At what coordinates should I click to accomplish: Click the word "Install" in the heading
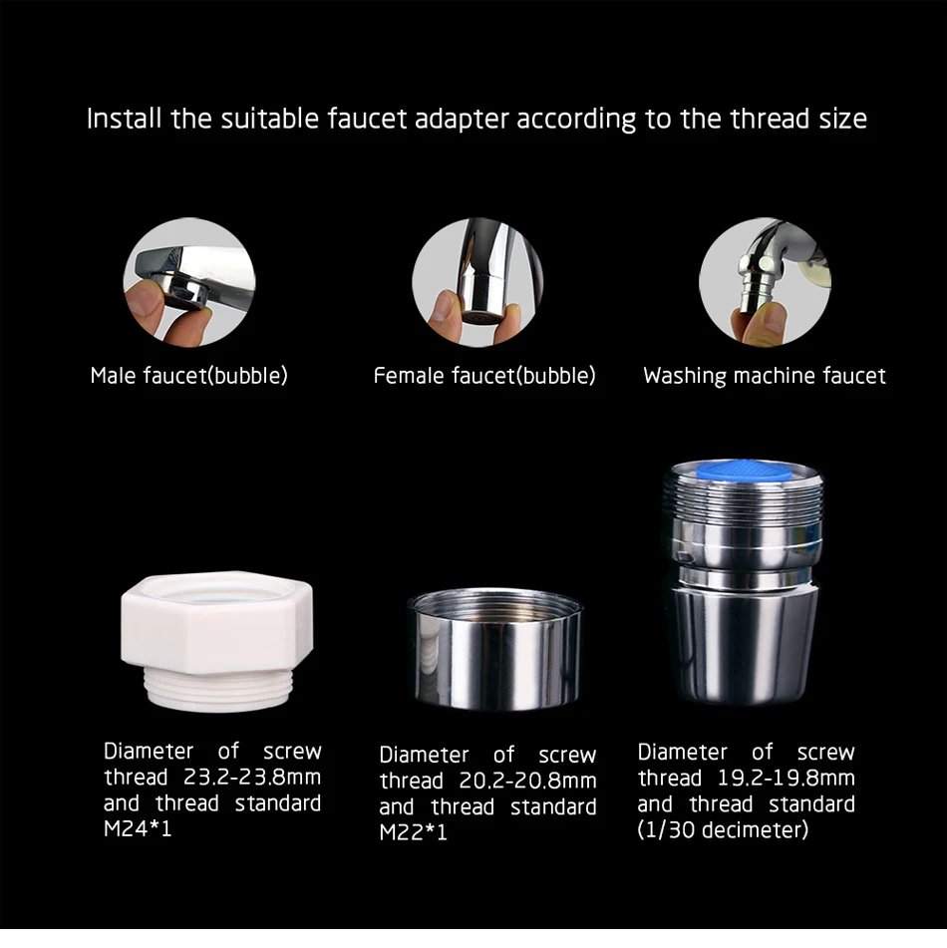tap(124, 118)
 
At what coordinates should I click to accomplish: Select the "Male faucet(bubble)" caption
tap(188, 376)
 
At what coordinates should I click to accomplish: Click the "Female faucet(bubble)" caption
tap(484, 376)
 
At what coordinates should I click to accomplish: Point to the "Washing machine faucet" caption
tap(765, 376)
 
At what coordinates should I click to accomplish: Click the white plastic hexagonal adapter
tap(216, 640)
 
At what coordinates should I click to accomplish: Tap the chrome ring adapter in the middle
tap(494, 648)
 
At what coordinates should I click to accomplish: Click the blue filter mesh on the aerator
tap(744, 469)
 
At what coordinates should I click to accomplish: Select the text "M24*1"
tap(138, 828)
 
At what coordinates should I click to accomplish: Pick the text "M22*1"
tap(414, 832)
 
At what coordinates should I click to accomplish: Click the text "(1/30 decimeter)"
tap(723, 829)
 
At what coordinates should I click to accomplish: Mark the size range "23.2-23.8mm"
tap(252, 777)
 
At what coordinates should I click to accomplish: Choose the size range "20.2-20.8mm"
tap(527, 781)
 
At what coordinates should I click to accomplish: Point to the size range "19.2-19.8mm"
tap(787, 779)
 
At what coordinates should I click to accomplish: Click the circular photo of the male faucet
tap(189, 282)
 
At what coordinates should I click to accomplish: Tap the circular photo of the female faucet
tap(477, 282)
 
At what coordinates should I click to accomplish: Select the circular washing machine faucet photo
tap(765, 282)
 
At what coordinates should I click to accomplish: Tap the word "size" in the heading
tap(843, 118)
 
